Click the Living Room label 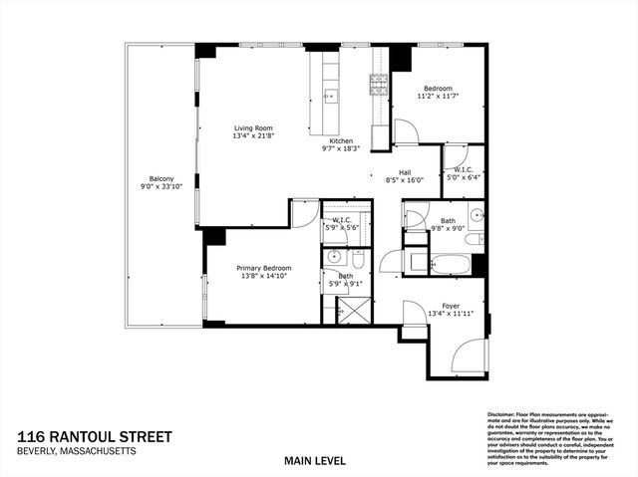point(253,128)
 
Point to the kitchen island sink point(330,96)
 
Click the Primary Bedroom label point(263,268)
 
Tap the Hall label point(405,172)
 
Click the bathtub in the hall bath point(451,264)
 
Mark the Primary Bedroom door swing point(305,212)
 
